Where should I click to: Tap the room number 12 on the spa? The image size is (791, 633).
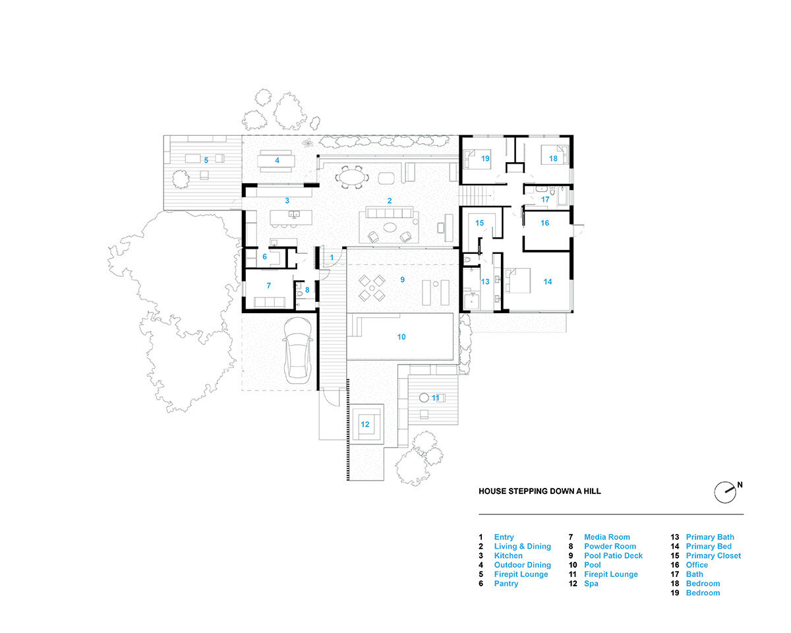[x=365, y=424]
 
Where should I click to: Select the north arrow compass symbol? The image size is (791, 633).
[x=724, y=491]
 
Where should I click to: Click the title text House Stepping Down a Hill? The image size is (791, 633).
[x=539, y=491]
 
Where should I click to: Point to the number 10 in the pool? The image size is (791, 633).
[x=401, y=337]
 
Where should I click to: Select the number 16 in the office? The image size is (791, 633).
[x=544, y=224]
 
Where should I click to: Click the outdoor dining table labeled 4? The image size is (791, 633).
[x=277, y=160]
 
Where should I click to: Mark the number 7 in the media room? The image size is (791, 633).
[x=268, y=286]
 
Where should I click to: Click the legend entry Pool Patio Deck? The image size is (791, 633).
[x=613, y=556]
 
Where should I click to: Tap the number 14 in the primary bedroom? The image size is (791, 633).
[x=547, y=282]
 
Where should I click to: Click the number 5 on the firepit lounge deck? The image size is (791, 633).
[x=206, y=160]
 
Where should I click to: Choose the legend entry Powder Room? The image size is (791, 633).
[x=610, y=547]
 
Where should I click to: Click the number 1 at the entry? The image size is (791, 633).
[x=332, y=257]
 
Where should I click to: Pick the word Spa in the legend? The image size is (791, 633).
[x=591, y=584]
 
